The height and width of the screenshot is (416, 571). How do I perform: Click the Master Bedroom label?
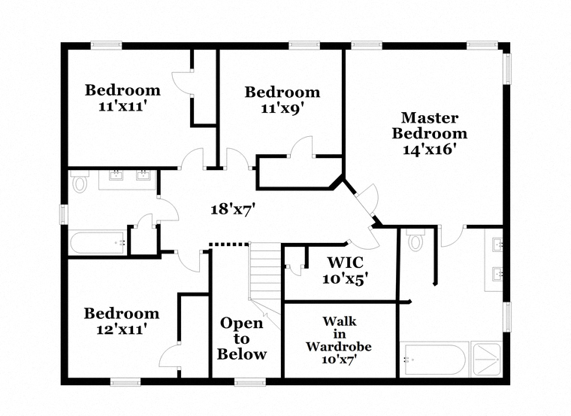[x=434, y=126]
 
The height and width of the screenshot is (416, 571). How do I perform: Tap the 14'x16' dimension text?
[x=430, y=149]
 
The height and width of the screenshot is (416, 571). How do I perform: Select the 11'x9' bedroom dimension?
[x=282, y=108]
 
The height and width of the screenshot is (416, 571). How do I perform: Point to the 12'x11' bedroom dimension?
[x=121, y=328]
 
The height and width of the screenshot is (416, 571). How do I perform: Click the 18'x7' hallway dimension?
[x=233, y=209]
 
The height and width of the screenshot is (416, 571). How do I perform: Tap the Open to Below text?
[x=242, y=339]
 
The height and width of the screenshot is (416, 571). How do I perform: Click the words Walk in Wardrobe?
[x=339, y=334]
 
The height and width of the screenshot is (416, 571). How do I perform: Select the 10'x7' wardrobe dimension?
[x=339, y=360]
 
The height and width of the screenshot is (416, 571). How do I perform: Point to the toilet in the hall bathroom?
[x=79, y=182]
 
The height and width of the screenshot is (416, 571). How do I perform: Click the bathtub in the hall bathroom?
[x=98, y=243]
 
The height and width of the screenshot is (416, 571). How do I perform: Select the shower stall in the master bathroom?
[x=488, y=359]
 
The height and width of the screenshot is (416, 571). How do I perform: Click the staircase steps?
[x=264, y=271]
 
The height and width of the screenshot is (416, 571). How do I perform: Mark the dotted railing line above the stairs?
[x=228, y=244]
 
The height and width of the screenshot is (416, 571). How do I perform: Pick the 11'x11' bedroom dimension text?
[x=122, y=106]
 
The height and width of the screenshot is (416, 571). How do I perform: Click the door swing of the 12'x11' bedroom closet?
[x=172, y=355]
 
